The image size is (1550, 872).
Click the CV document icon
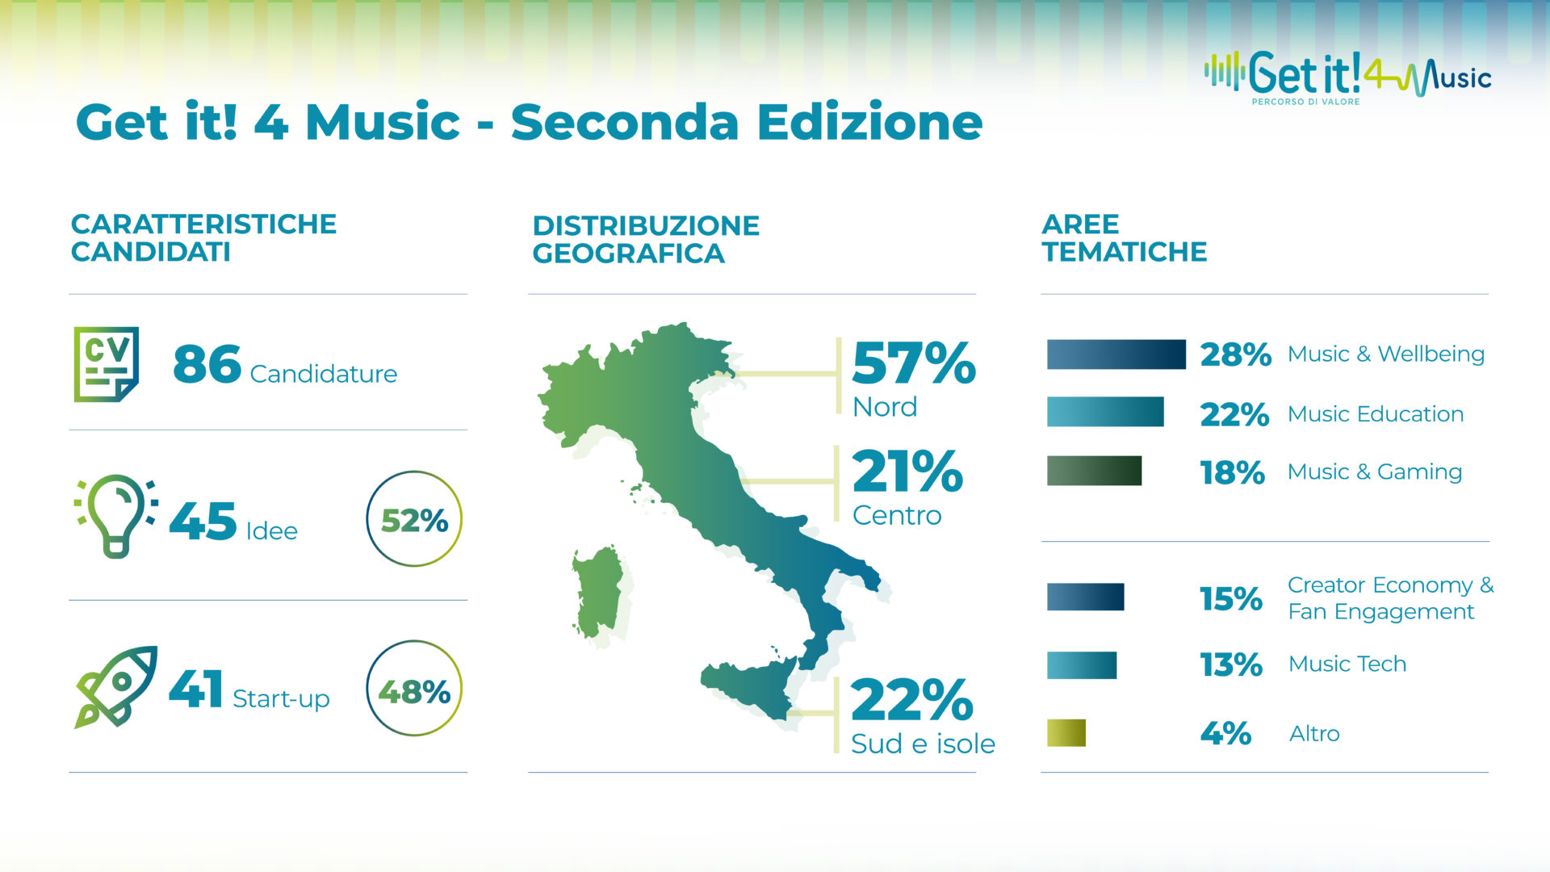[107, 364]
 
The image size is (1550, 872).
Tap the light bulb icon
[116, 515]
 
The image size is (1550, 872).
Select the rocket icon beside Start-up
[116, 686]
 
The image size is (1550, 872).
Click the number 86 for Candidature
[207, 364]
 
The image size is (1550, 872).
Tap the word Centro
[897, 515]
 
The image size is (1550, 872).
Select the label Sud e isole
[923, 744]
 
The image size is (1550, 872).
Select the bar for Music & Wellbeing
[1116, 354]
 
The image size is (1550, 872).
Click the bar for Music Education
[1105, 412]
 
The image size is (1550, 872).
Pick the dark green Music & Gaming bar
[1094, 471]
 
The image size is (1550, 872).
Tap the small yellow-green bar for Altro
[1066, 732]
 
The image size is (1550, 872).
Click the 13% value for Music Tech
[1231, 664]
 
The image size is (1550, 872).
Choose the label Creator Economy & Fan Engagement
[1390, 598]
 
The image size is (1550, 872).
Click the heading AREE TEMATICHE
[1124, 238]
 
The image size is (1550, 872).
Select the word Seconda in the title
[625, 123]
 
